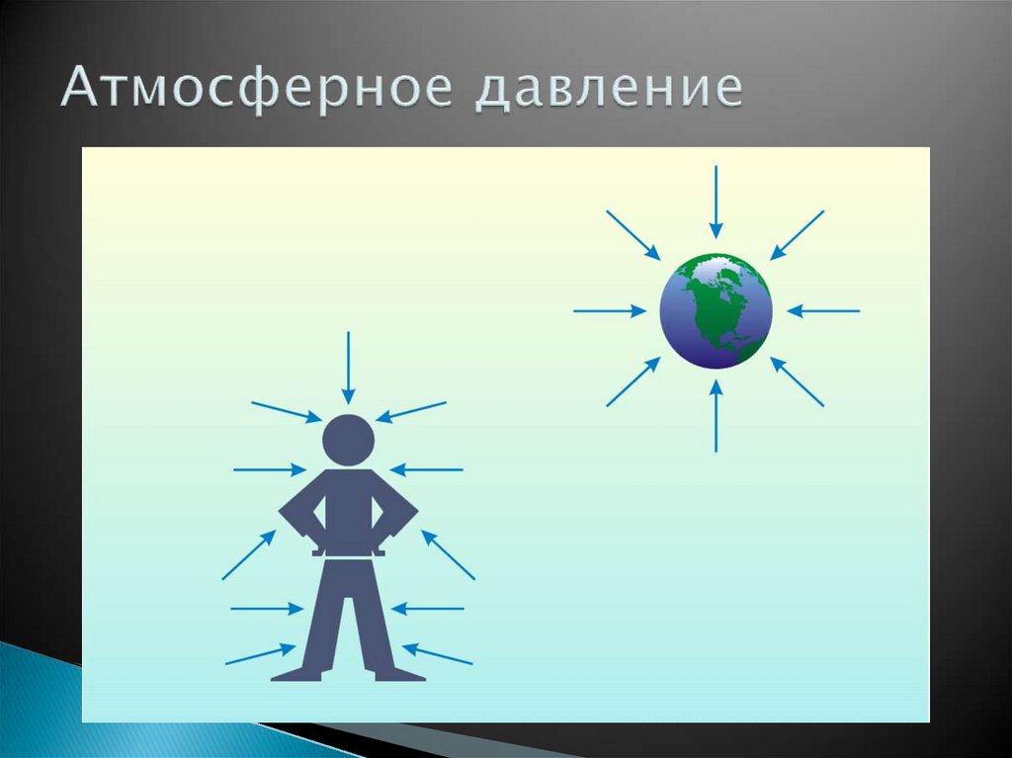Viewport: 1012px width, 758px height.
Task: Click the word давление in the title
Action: (x=609, y=89)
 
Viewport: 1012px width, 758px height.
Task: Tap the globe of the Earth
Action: (x=716, y=310)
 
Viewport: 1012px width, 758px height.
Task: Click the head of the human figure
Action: (x=348, y=440)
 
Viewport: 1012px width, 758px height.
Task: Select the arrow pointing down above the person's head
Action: (x=348, y=368)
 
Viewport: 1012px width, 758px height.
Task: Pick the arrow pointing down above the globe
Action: (x=716, y=202)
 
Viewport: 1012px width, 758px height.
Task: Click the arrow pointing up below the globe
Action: (x=716, y=416)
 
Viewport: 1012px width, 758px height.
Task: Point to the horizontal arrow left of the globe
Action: (x=610, y=311)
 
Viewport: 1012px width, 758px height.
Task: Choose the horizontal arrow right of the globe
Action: (x=823, y=311)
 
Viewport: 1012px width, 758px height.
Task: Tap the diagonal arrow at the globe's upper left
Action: (x=633, y=235)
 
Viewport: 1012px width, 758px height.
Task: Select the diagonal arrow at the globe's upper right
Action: (x=798, y=235)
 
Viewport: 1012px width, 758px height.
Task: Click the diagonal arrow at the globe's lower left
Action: (x=633, y=381)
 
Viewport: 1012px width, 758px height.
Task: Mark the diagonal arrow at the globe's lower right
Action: (x=798, y=381)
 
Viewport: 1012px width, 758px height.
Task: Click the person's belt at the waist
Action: (x=348, y=553)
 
